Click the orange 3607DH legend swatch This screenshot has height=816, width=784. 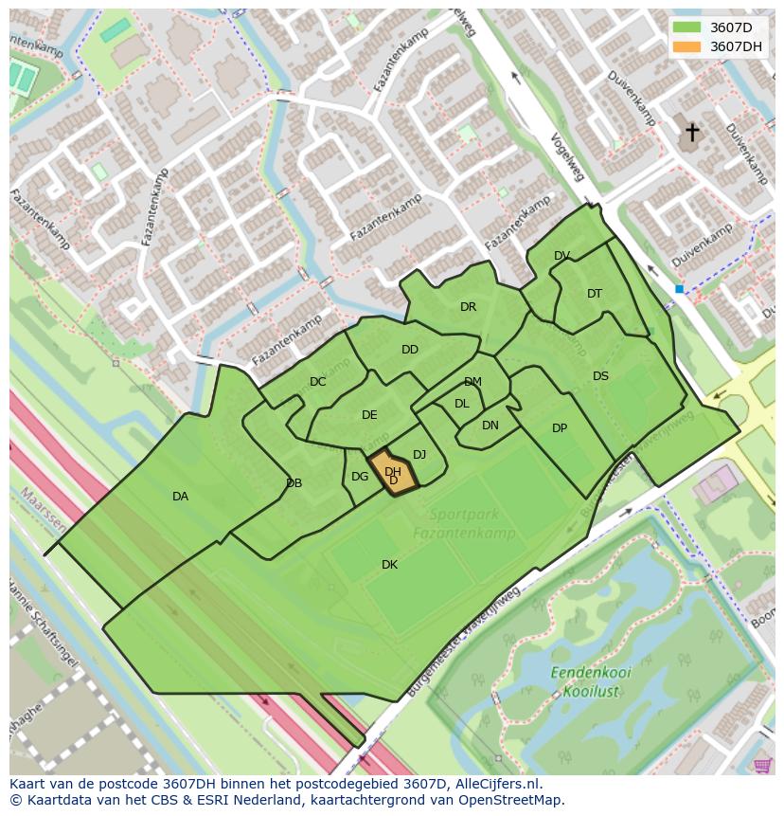tap(687, 46)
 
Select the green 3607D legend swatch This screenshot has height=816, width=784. tap(687, 27)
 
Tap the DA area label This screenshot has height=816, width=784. tap(180, 497)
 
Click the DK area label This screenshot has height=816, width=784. tap(389, 565)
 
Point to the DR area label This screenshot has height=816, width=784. tap(468, 307)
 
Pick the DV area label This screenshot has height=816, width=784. tap(561, 256)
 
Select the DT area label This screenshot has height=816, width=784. tap(595, 294)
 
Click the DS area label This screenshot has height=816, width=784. tap(600, 376)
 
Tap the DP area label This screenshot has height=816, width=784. tap(560, 428)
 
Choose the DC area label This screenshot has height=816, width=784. tap(317, 382)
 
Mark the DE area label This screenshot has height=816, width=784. tap(369, 415)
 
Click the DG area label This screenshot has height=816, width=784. tap(360, 477)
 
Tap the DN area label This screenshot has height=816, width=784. tap(490, 426)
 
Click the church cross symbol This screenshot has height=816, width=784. tap(692, 132)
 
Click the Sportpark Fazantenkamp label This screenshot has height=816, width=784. tap(463, 524)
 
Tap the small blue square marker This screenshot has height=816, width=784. tap(679, 289)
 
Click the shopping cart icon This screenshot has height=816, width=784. tap(762, 765)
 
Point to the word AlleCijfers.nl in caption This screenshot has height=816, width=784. tap(496, 784)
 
